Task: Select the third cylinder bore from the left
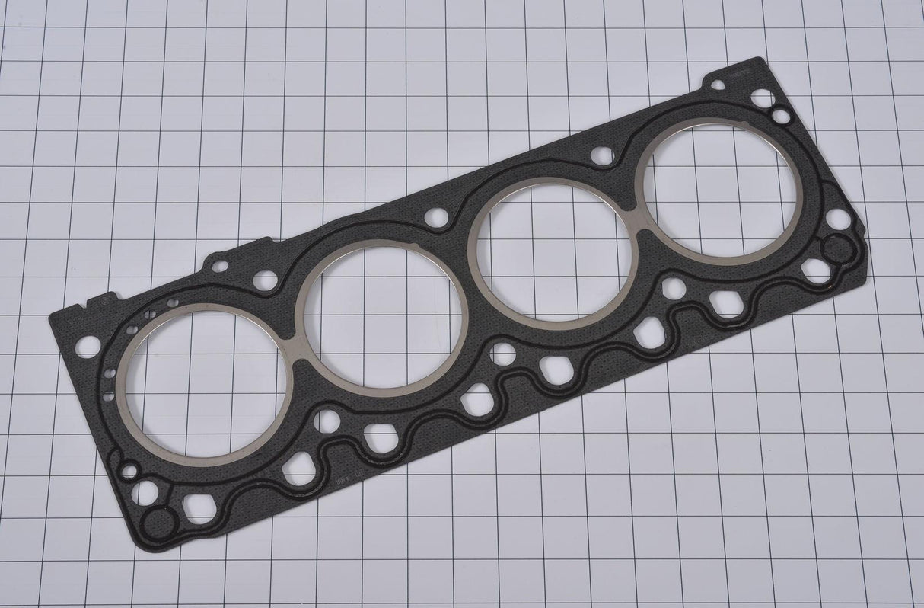[x=553, y=254]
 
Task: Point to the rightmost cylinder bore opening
[x=720, y=191]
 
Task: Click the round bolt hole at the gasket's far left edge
[x=88, y=347]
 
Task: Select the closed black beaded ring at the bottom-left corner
[x=160, y=523]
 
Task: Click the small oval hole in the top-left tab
[x=219, y=266]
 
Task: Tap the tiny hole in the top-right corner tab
[x=718, y=85]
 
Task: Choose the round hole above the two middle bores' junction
[x=436, y=218]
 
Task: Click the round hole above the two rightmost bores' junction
[x=602, y=155]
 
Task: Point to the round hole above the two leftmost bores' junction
[x=265, y=280]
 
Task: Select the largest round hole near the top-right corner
[x=762, y=98]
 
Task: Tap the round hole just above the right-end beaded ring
[x=838, y=219]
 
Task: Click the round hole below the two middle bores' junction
[x=502, y=354]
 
